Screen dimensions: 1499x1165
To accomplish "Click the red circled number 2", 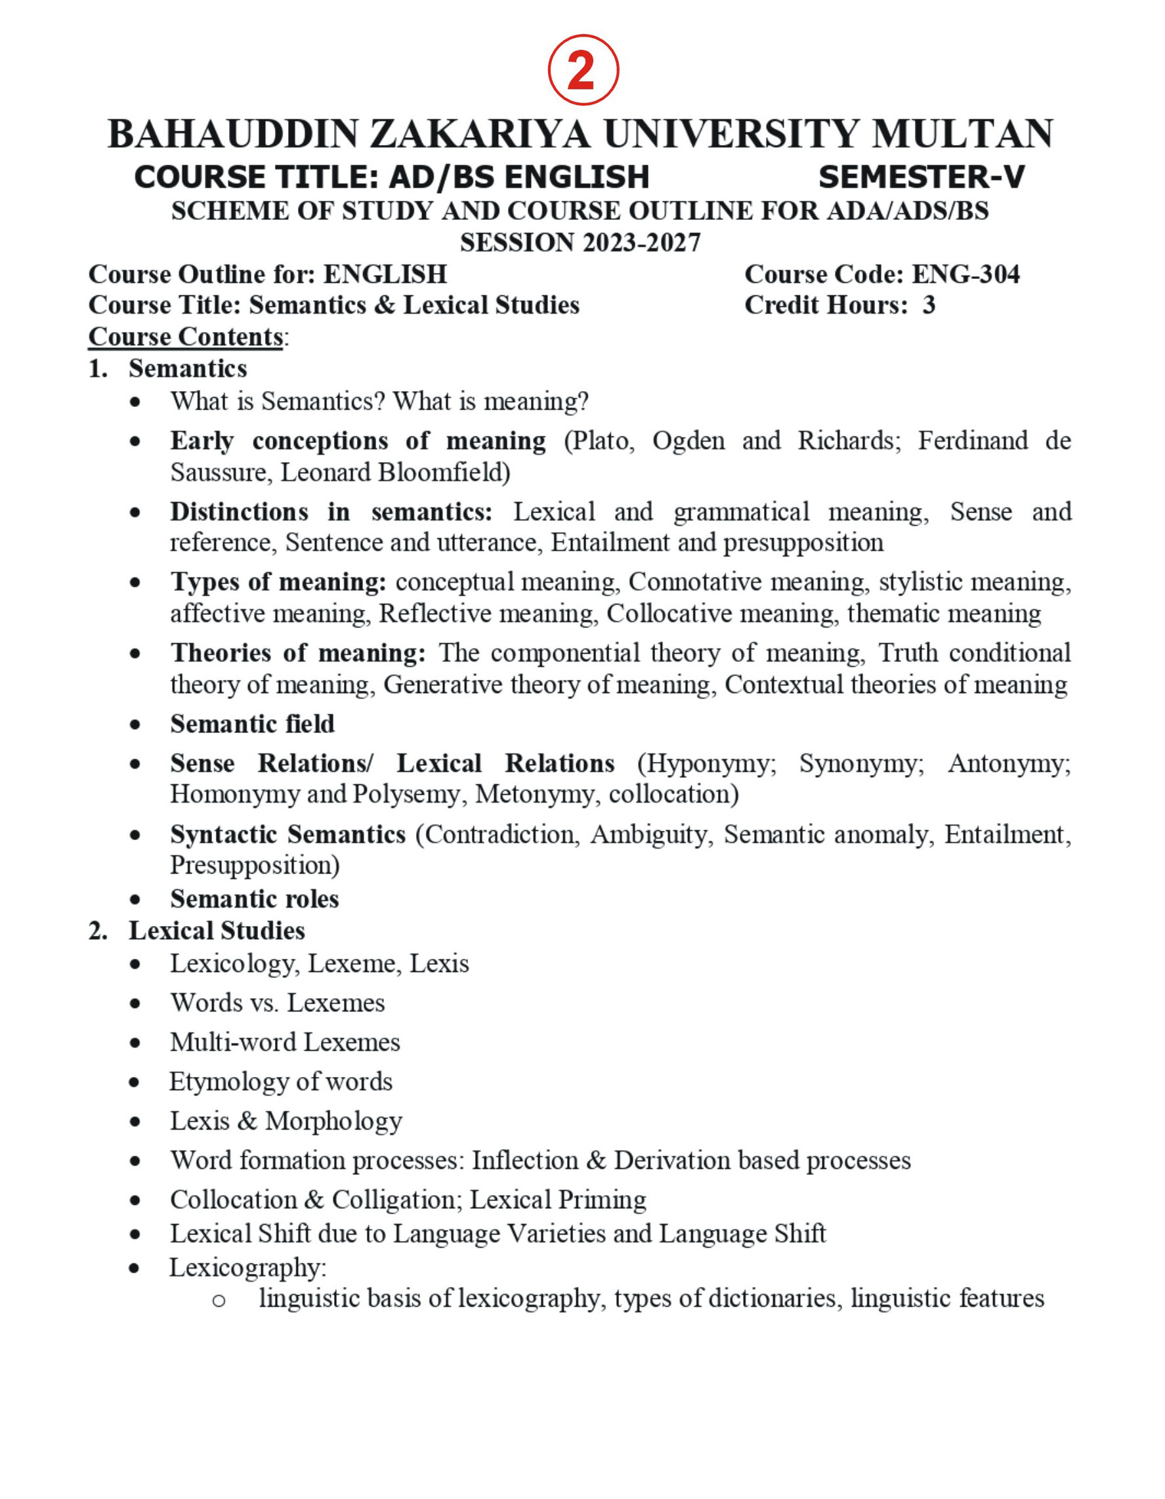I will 583,70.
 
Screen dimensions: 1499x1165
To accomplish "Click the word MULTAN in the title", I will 962,134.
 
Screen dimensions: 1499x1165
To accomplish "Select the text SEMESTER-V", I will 921,177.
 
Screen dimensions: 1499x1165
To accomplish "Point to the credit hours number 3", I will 928,305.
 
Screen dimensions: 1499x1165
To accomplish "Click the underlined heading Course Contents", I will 185,337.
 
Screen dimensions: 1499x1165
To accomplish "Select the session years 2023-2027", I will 641,243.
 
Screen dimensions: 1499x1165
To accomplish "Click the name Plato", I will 599,440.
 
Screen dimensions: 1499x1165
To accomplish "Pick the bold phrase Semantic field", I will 253,724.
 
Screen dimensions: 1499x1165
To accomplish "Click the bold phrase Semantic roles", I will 255,898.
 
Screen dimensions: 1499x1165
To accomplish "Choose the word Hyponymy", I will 707,763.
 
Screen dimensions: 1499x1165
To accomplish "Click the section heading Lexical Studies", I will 217,931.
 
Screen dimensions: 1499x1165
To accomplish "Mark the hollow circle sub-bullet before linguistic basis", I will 219,1300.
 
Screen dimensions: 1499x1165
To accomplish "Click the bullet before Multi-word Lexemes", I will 135,1044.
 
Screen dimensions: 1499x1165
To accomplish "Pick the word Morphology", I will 333,1121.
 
